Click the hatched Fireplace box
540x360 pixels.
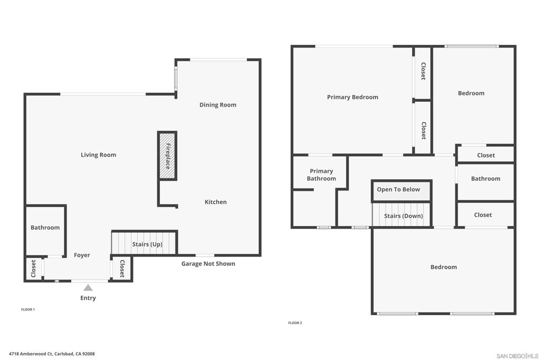point(167,155)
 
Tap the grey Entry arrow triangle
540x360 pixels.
point(88,287)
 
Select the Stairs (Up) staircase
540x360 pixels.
point(144,243)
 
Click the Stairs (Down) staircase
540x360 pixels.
point(401,215)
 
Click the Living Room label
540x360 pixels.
point(98,155)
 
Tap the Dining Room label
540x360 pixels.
point(218,105)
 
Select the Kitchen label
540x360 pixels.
point(216,202)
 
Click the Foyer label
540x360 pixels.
point(82,255)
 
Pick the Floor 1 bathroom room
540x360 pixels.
point(45,230)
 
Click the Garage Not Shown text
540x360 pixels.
point(208,264)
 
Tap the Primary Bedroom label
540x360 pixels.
point(352,97)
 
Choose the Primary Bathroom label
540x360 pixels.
point(321,175)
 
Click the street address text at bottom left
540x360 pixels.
point(52,354)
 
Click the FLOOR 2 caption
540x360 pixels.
point(295,323)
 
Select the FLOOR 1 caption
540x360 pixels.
point(28,309)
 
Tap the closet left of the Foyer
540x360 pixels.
point(34,269)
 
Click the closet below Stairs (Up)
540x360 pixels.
point(122,268)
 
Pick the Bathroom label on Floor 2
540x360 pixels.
point(485,179)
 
